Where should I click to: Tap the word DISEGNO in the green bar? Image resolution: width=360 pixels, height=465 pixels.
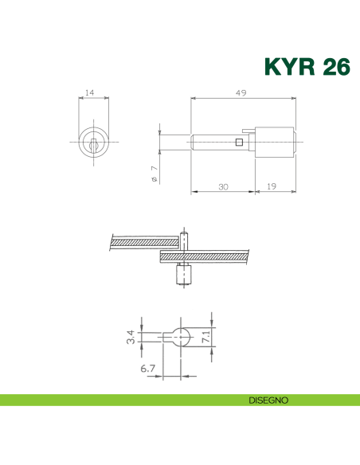268,399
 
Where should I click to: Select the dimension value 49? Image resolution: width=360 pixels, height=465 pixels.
241,93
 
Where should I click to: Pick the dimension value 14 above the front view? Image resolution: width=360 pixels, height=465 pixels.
90,93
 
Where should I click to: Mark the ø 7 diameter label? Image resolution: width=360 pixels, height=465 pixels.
154,174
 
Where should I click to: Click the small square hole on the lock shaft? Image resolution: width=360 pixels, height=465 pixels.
238,143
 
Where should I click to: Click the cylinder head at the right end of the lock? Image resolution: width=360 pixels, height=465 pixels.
276,143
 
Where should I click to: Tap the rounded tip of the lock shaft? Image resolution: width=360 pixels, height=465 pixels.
194,143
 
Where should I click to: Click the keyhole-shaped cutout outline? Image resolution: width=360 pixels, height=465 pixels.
180,337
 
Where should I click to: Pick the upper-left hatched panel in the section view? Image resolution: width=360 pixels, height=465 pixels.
143,240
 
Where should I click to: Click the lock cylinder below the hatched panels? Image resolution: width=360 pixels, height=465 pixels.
182,277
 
